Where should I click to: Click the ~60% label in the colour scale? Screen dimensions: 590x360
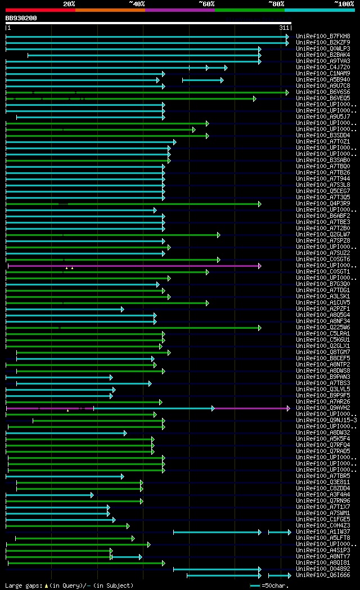click(x=206, y=3)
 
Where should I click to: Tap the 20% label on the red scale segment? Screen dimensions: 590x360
click(x=69, y=3)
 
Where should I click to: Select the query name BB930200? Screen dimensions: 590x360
click(x=21, y=18)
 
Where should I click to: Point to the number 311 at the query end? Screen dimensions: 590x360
click(x=283, y=28)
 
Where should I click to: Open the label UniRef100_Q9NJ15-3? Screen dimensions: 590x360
click(x=326, y=420)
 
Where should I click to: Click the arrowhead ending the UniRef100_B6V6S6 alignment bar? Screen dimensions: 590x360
click(x=287, y=92)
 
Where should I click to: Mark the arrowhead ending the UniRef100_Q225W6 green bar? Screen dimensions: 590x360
click(x=259, y=327)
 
